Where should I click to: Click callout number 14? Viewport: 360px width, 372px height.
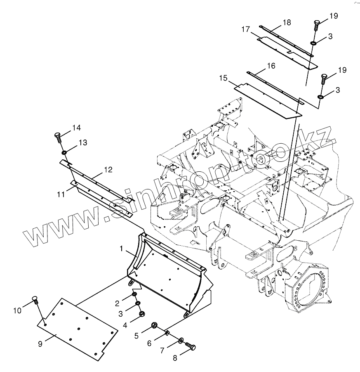coord(76,128)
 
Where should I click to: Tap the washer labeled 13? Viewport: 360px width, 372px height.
coord(65,154)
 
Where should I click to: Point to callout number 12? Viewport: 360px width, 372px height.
coord(108,169)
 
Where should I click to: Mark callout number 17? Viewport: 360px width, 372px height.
coord(246,29)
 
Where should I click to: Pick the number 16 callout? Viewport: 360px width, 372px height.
coord(271,66)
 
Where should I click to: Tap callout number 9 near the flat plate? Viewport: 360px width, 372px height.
coord(40,344)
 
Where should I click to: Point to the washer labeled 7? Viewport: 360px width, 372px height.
coord(181,341)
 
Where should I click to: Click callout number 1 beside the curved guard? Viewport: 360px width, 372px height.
coord(122,249)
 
